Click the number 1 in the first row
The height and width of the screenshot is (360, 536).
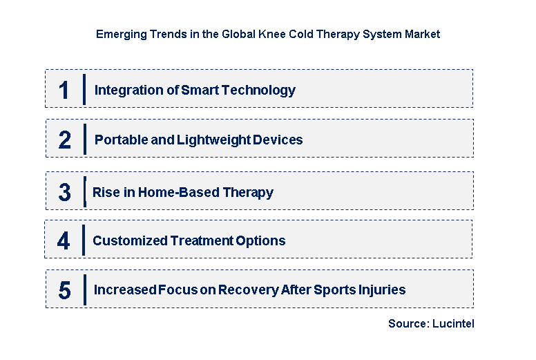(x=64, y=90)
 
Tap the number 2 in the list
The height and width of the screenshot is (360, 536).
(x=64, y=140)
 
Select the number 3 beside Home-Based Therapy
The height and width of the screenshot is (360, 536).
(x=64, y=193)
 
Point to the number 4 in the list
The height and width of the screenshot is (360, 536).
(x=64, y=241)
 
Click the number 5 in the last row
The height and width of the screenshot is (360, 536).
(x=64, y=290)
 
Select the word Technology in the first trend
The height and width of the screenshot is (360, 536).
(x=262, y=90)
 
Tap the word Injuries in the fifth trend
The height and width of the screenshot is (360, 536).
(x=383, y=290)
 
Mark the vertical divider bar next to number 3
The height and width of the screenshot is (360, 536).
(x=84, y=191)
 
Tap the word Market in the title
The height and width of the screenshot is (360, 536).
(x=422, y=34)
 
